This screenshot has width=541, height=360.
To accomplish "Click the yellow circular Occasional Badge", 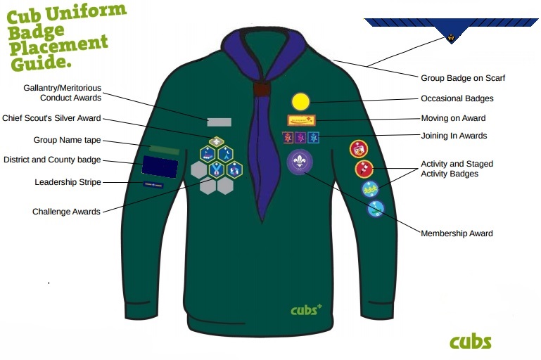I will click(300, 102).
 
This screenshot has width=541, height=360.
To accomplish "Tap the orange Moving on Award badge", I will click(301, 120).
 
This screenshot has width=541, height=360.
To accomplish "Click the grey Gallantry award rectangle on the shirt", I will click(219, 122).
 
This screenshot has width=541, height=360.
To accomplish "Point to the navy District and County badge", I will click(159, 165).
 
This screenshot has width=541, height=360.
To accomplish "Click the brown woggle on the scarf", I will click(262, 89).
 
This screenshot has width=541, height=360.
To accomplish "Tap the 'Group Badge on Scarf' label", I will click(462, 78).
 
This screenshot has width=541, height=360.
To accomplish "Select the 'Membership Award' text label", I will click(457, 233).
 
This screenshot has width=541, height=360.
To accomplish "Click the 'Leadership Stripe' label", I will click(68, 182).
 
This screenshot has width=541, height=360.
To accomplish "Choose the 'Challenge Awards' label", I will click(66, 212).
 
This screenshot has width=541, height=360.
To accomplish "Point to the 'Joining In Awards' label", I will click(454, 136).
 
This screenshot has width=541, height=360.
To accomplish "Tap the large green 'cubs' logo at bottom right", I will click(470, 342).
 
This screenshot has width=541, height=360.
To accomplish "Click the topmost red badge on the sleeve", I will click(359, 148).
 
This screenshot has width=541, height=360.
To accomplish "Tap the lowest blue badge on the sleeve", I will click(376, 208).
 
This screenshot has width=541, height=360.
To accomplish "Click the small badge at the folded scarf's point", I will click(451, 37).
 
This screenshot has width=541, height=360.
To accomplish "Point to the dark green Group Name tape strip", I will click(163, 150).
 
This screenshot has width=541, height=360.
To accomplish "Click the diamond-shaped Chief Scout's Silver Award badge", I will click(217, 141).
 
